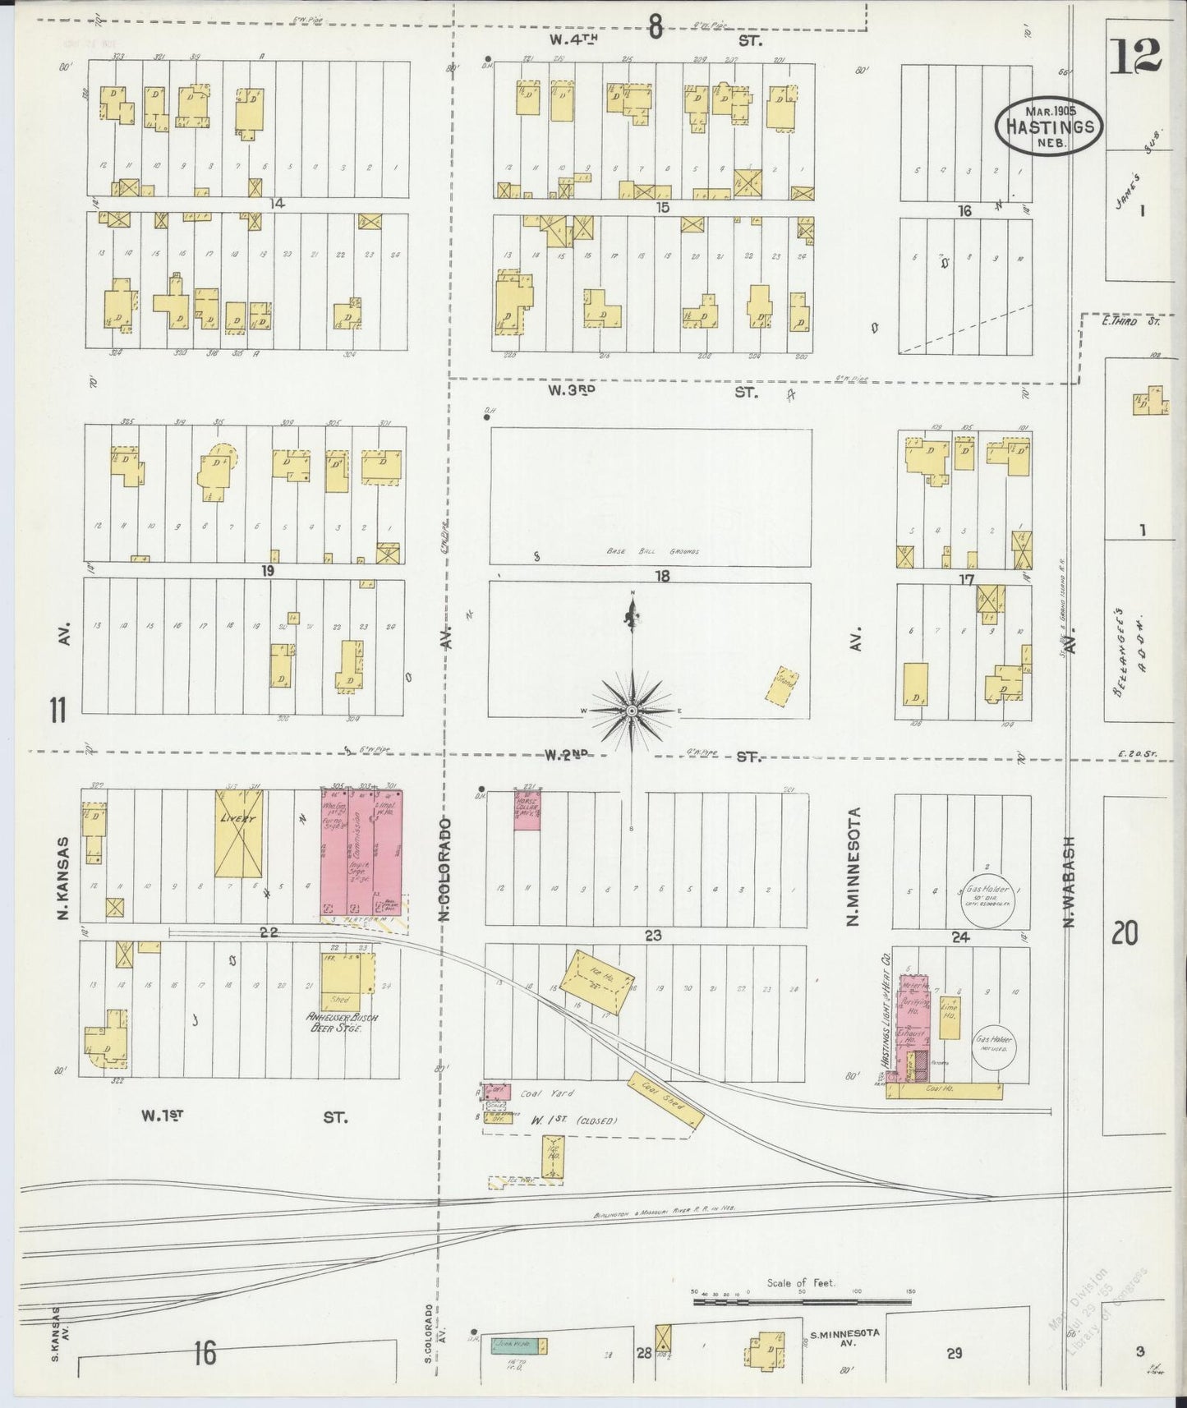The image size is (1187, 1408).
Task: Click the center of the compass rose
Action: click(x=632, y=710)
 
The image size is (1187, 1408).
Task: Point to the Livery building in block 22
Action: click(x=238, y=833)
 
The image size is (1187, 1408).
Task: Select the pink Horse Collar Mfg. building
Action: click(x=527, y=809)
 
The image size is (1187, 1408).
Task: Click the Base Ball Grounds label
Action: click(x=653, y=551)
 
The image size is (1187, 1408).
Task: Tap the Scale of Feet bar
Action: click(x=801, y=1300)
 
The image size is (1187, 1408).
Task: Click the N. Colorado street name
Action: click(x=444, y=868)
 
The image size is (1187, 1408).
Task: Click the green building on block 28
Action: click(x=519, y=1346)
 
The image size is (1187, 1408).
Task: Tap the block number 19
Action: click(x=267, y=571)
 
